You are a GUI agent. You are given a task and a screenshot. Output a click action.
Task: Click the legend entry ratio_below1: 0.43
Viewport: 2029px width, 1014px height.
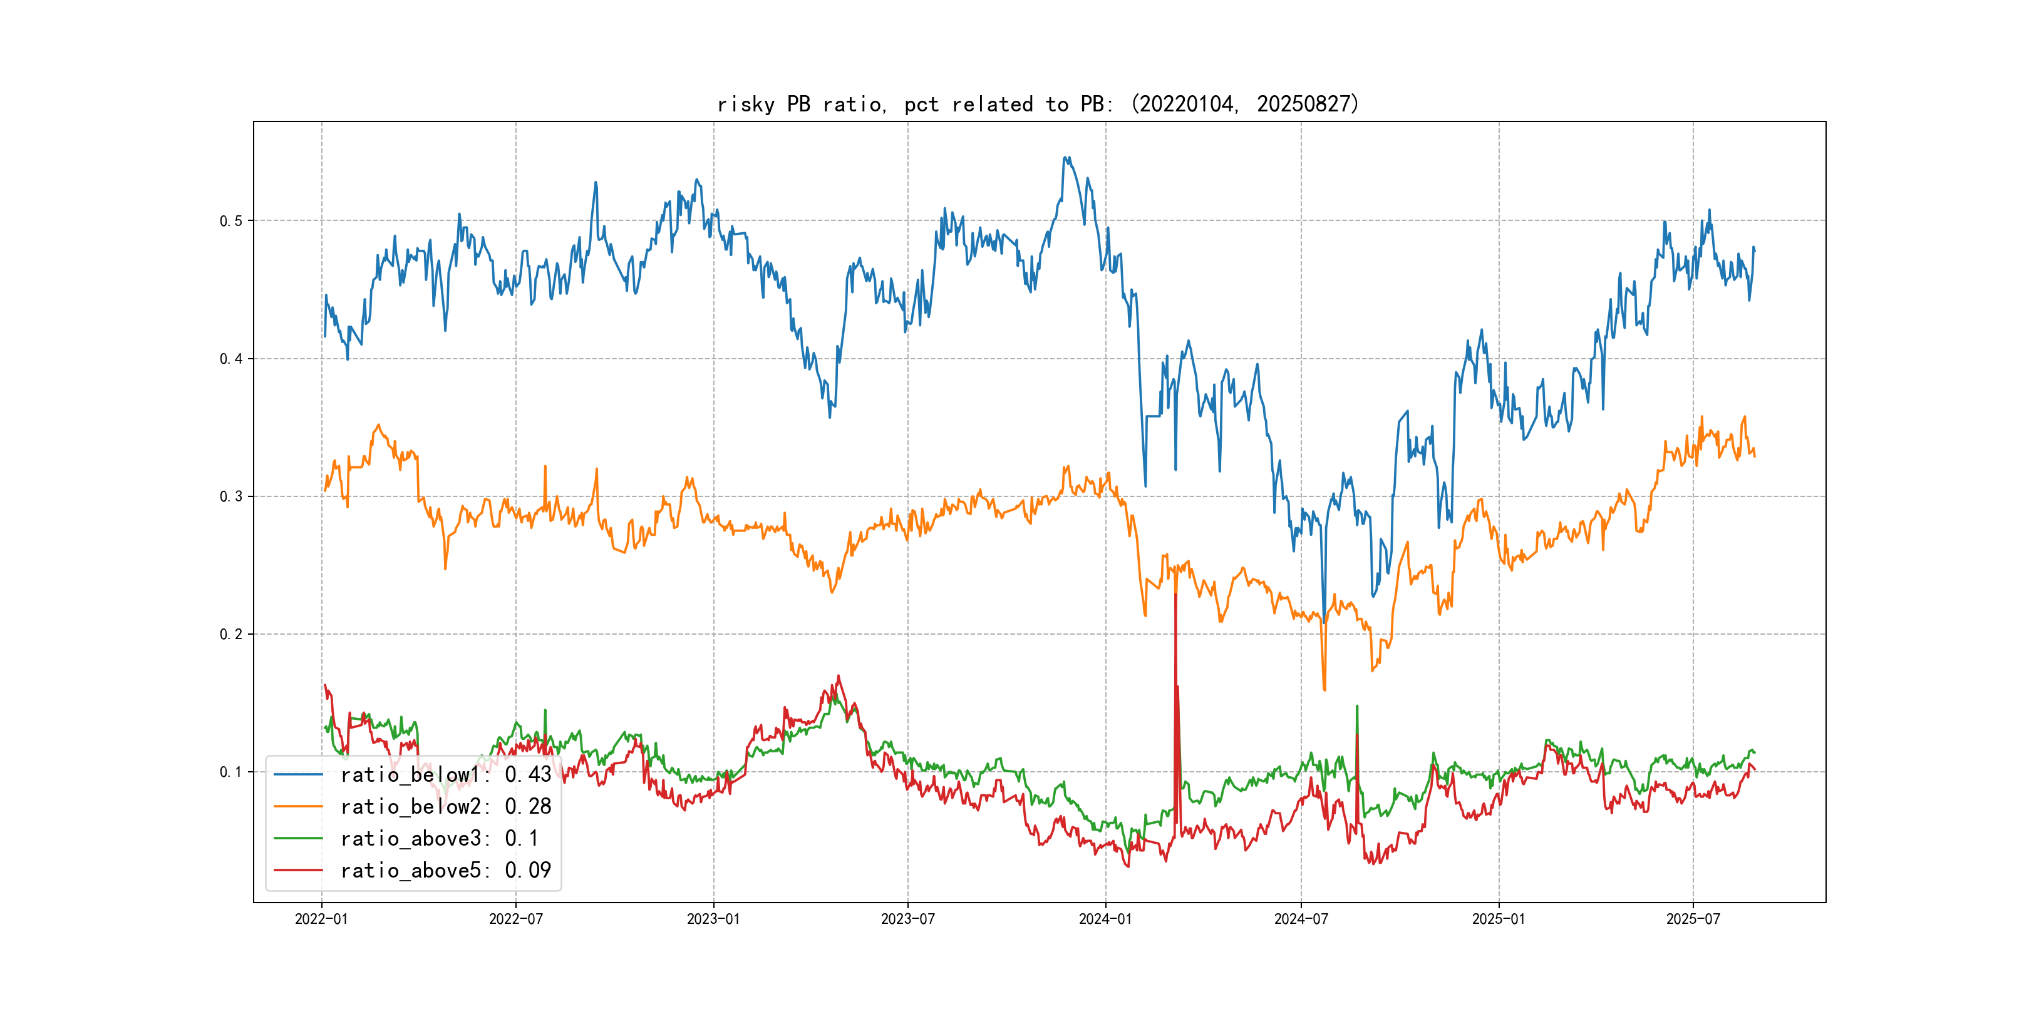[x=445, y=775]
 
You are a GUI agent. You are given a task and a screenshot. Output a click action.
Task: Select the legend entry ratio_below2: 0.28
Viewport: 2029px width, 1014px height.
[x=445, y=806]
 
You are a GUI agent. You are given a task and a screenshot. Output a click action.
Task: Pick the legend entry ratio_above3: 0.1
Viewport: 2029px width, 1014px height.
[x=439, y=839]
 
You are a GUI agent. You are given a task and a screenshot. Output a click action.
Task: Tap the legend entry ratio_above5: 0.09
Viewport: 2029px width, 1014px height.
[x=445, y=870]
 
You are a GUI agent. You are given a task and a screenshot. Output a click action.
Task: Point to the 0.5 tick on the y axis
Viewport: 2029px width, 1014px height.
[x=231, y=220]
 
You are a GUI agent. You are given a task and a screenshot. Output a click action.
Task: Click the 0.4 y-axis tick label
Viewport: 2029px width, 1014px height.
[x=231, y=359]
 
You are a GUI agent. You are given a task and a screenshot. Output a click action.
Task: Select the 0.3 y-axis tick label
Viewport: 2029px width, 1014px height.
[x=231, y=497]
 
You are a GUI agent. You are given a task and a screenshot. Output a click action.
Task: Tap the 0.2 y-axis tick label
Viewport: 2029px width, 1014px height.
[x=231, y=635]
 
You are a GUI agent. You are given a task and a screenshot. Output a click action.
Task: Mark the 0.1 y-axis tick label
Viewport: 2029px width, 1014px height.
[x=231, y=772]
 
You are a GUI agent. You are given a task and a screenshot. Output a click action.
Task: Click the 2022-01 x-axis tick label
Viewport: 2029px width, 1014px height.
[x=321, y=919]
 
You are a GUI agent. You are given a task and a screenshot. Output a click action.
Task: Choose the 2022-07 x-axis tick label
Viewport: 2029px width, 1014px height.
[x=516, y=919]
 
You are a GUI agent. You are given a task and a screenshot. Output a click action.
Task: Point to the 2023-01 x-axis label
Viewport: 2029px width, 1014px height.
[x=714, y=919]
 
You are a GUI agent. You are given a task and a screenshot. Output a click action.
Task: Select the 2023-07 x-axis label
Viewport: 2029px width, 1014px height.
[x=907, y=919]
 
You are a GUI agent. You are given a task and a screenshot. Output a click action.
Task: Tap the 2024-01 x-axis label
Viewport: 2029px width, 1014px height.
[x=1105, y=919]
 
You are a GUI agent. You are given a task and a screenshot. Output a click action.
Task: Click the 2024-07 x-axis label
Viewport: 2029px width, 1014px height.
[x=1301, y=919]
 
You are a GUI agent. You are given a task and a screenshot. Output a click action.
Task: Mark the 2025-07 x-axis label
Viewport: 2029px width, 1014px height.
[x=1693, y=919]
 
